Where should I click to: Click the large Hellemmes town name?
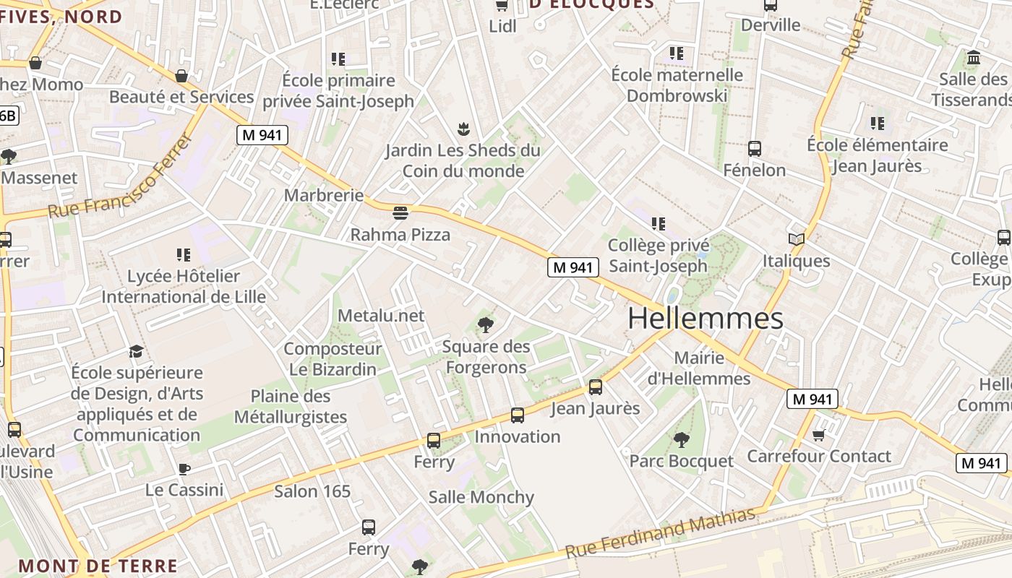(x=706, y=319)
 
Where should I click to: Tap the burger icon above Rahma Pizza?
(x=400, y=212)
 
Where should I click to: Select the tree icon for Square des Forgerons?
(x=486, y=324)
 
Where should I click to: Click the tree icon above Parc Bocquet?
(x=681, y=439)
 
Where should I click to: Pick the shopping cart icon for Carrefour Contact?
(x=818, y=434)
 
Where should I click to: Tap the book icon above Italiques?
(x=797, y=239)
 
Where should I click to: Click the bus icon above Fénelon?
(x=755, y=149)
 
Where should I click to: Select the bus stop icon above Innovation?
(x=518, y=415)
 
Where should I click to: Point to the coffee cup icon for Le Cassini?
(x=184, y=469)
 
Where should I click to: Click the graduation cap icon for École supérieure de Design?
(x=136, y=351)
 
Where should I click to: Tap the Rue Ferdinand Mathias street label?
(x=660, y=532)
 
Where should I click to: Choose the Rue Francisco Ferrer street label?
(x=121, y=178)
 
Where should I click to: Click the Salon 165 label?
(x=312, y=491)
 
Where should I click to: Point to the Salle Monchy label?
(x=481, y=497)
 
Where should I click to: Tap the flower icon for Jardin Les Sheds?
(x=463, y=129)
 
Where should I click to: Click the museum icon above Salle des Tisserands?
(x=973, y=57)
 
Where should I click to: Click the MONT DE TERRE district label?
(x=98, y=566)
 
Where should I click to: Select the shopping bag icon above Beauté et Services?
(x=181, y=76)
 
